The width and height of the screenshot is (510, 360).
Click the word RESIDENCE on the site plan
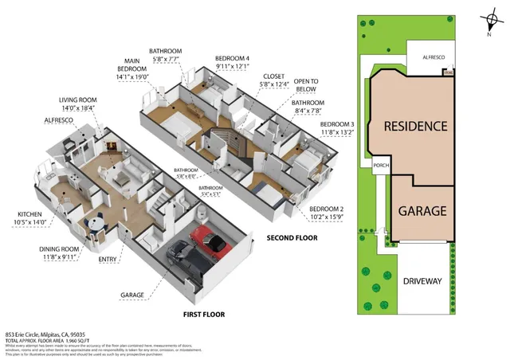coord(415,126)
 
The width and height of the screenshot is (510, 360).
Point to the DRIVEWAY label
coord(422,281)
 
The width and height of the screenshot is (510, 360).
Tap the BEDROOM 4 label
coord(232,58)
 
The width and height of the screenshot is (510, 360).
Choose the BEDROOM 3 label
coord(337,124)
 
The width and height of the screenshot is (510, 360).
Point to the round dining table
coord(96,223)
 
